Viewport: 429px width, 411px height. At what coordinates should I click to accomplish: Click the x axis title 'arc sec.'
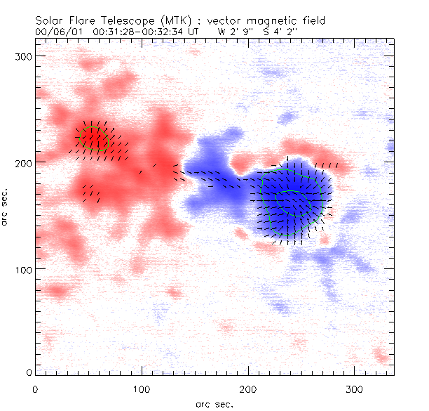(214, 403)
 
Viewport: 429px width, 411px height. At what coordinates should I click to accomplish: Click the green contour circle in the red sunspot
(94, 138)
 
